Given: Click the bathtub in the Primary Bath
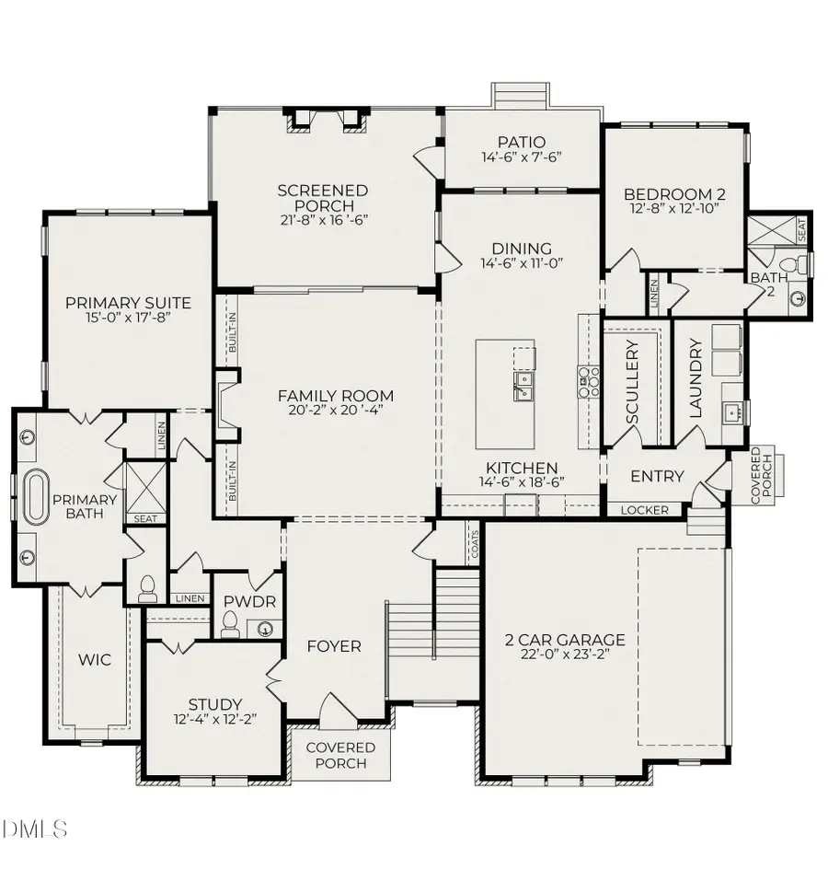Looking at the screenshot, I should [38, 498].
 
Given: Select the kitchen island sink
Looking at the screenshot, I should [523, 383].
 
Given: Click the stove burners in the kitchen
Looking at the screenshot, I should [588, 379].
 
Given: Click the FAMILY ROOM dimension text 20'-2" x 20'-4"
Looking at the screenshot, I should [328, 411].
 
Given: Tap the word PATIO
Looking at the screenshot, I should [522, 142].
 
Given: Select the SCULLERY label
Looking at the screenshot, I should [632, 382].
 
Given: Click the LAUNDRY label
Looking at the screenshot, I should [696, 378].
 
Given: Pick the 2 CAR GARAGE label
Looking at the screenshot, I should [564, 640].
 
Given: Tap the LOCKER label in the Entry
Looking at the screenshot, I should [644, 510].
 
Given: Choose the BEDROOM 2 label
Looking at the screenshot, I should [674, 194].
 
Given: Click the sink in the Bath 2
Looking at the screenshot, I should [797, 298].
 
